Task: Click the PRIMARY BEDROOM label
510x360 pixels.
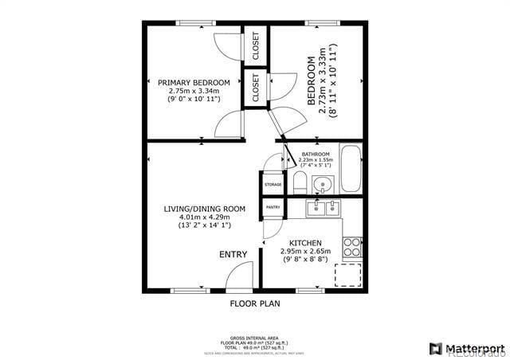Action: tap(194, 83)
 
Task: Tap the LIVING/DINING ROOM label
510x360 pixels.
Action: tap(204, 209)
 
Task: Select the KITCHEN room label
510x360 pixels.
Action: tap(304, 242)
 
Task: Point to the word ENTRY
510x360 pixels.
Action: tap(233, 255)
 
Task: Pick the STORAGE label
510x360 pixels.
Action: tap(273, 185)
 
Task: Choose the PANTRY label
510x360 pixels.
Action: tap(273, 208)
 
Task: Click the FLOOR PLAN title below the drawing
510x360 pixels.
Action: tap(255, 303)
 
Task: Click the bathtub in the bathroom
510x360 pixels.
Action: tap(351, 169)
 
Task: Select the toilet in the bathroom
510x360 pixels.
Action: tap(300, 183)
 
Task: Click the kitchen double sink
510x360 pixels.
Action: tap(324, 209)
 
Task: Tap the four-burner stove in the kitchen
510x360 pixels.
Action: tap(351, 247)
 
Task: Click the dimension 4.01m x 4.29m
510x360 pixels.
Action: tap(204, 217)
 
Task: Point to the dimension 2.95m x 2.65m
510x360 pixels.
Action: tap(304, 251)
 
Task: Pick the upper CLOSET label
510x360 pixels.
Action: tap(256, 46)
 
